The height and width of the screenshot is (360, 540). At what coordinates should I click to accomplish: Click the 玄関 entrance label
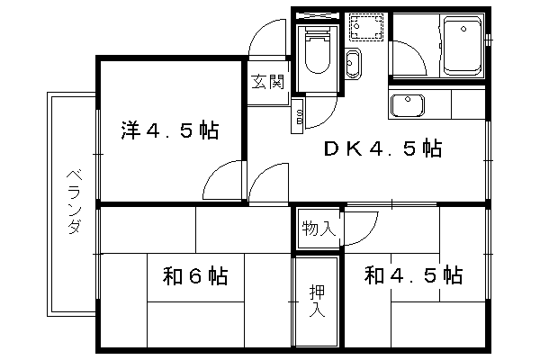tap(268, 82)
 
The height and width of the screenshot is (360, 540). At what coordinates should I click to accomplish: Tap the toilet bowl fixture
tap(318, 50)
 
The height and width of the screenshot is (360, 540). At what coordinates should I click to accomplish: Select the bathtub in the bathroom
tap(463, 46)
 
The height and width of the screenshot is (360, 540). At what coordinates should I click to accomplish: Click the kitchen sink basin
tap(407, 105)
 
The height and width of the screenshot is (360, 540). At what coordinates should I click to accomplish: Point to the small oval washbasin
tap(353, 63)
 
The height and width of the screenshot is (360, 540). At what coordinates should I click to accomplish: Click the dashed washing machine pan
tap(366, 27)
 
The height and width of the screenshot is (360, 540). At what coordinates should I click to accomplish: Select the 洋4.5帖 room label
tap(170, 130)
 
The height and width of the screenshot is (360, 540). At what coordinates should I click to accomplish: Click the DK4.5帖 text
tap(382, 148)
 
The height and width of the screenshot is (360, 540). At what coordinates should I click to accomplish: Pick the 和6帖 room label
tap(195, 275)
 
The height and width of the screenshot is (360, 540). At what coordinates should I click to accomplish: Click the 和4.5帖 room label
tap(413, 274)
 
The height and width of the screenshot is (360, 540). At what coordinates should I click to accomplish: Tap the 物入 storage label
tap(319, 228)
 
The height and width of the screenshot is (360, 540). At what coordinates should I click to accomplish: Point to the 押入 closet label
tap(317, 301)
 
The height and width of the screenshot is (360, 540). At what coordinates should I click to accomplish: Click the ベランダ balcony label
tap(74, 202)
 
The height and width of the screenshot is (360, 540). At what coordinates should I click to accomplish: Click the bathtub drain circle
tap(463, 30)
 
